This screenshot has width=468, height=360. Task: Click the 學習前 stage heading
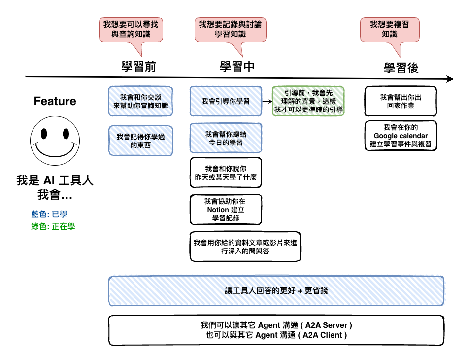[138, 66]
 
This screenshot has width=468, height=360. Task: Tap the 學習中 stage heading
[237, 66]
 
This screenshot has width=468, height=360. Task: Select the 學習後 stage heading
[401, 68]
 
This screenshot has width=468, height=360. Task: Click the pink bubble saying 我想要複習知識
[390, 30]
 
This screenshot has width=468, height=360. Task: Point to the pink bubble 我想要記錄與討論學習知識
[231, 30]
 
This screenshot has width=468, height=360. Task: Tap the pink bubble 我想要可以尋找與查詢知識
[131, 30]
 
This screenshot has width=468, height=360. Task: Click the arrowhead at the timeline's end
[450, 79]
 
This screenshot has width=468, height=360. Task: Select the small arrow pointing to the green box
[267, 101]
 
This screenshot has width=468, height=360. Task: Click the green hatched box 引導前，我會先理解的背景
[308, 101]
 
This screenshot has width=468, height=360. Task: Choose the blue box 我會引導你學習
[226, 101]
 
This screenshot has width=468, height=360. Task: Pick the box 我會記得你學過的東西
[140, 141]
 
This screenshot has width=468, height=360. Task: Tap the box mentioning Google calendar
[401, 136]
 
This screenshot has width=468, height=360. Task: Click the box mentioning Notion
[226, 210]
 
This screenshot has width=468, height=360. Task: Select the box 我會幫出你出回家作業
[401, 101]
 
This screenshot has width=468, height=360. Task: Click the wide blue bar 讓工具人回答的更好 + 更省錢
[276, 291]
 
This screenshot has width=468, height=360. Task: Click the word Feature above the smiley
[55, 101]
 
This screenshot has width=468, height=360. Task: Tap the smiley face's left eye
[44, 134]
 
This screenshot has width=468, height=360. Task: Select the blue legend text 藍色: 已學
[49, 214]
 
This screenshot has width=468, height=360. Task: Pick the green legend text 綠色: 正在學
[53, 226]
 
